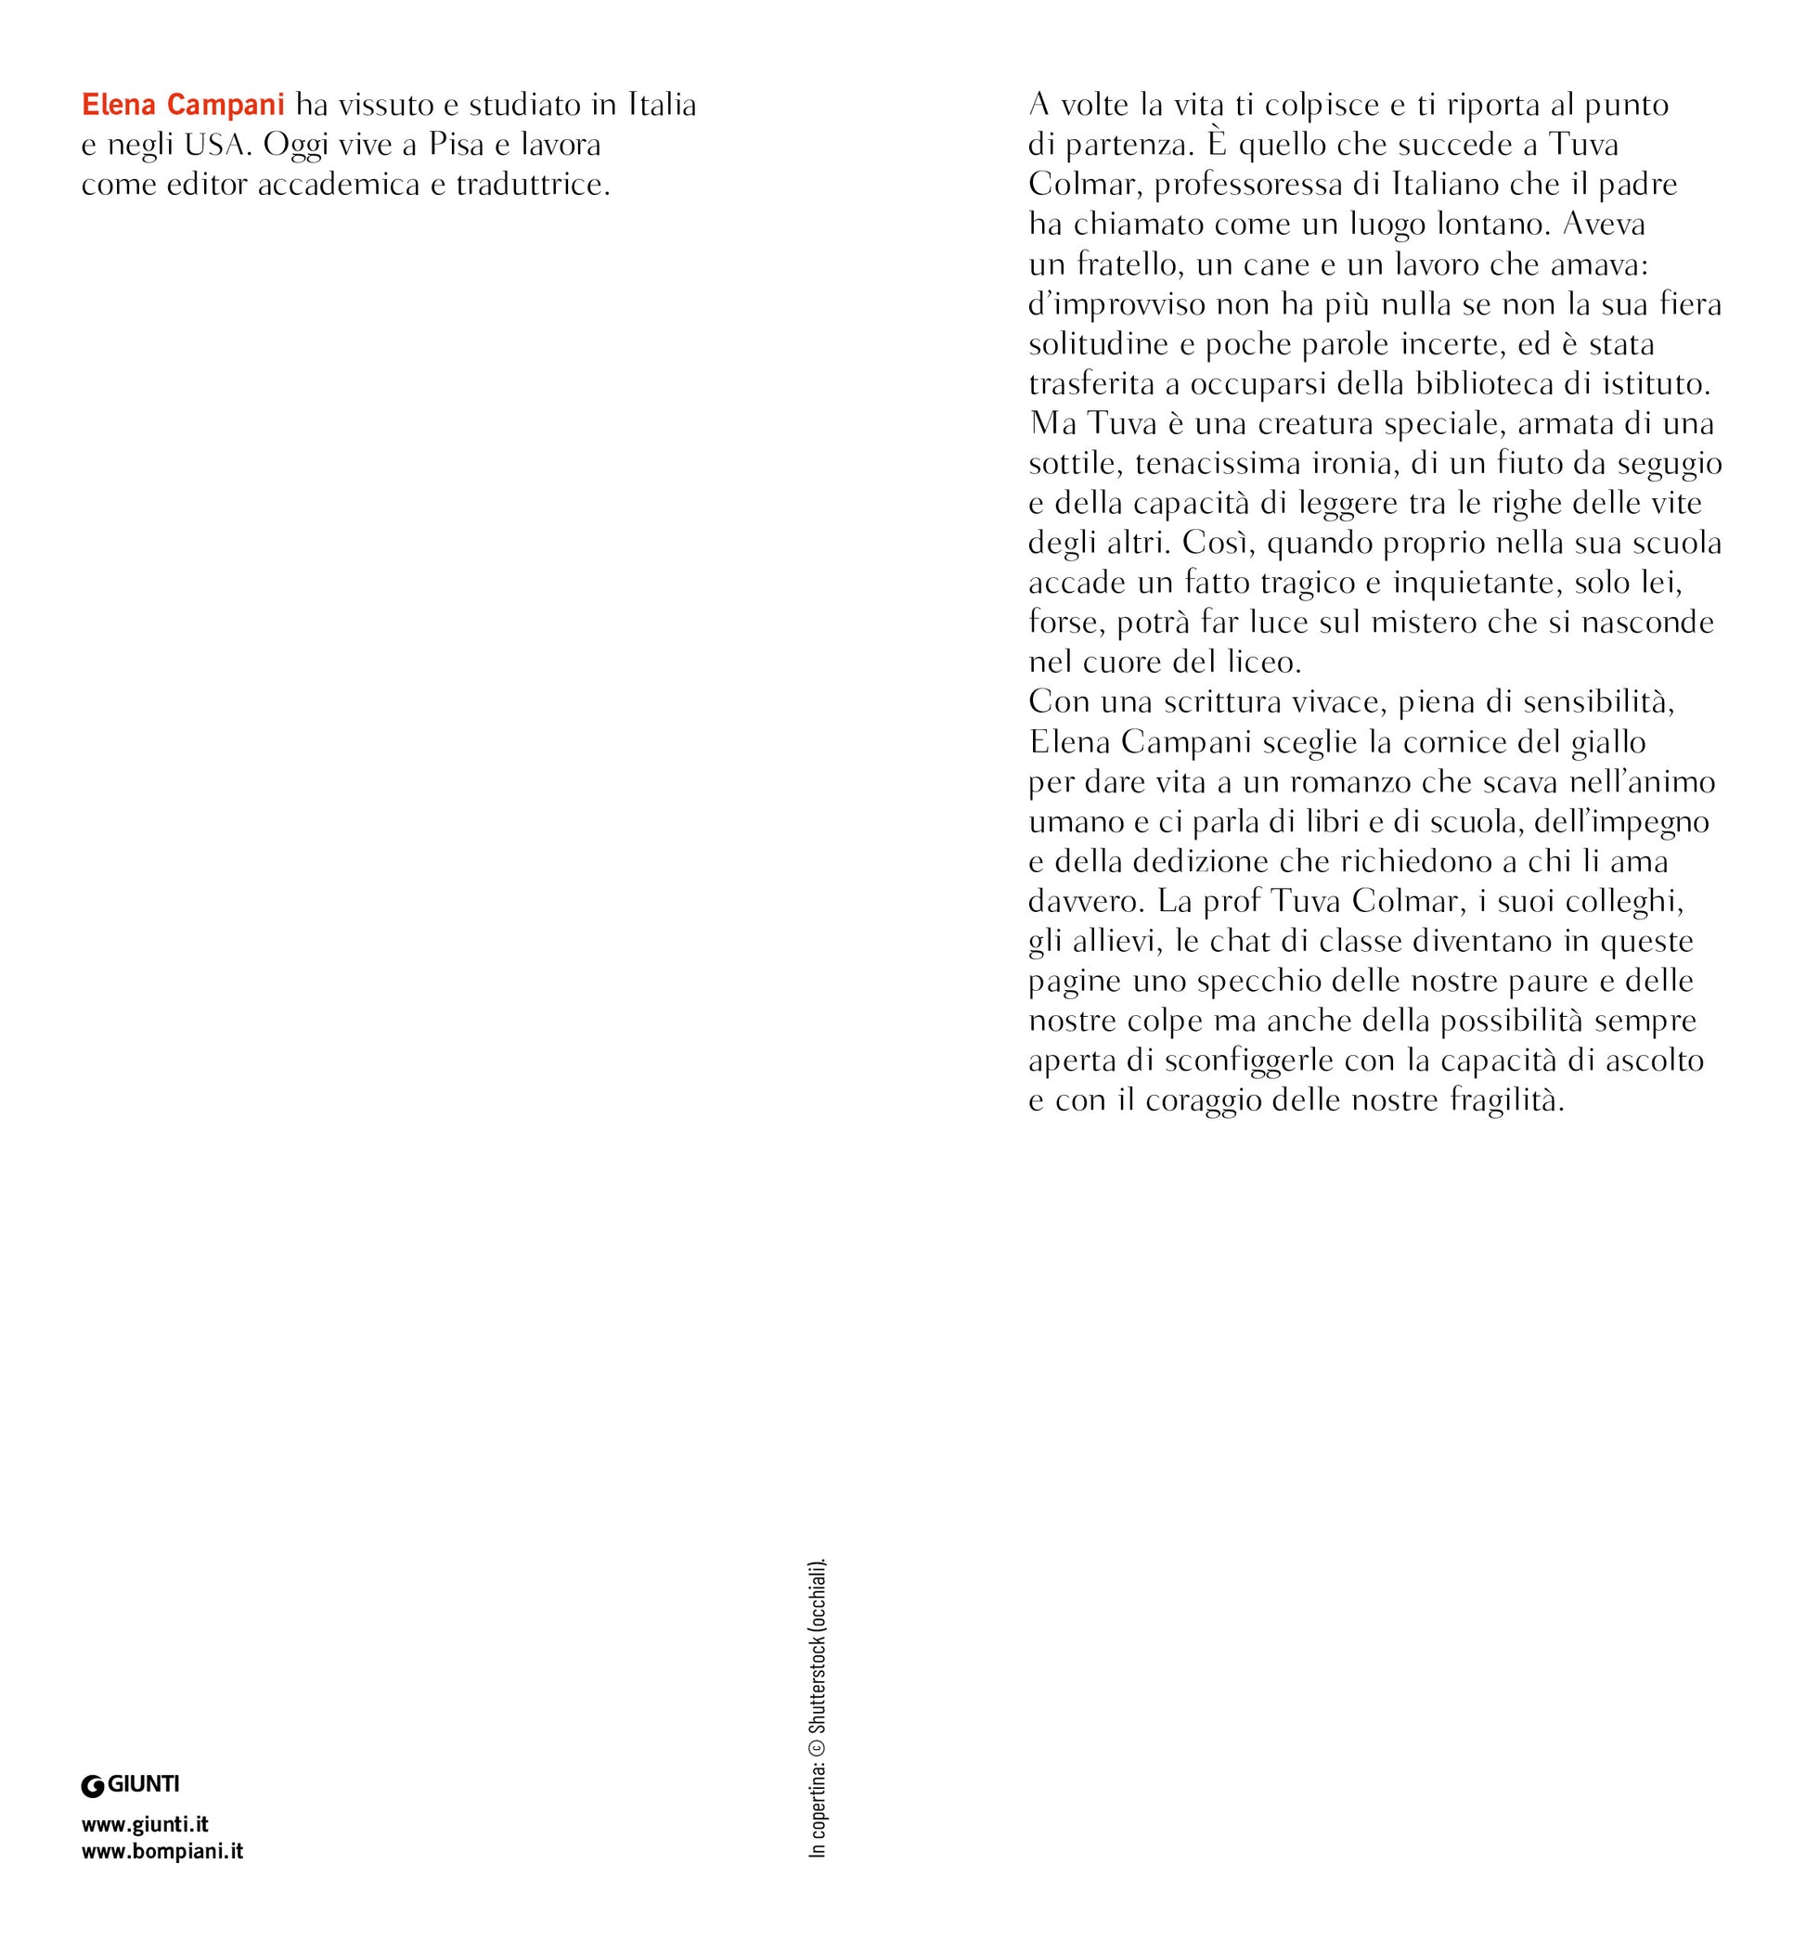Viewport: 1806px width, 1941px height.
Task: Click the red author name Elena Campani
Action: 183,105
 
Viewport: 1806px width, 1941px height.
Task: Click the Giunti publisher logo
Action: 130,1785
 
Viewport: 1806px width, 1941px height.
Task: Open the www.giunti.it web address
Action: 145,1824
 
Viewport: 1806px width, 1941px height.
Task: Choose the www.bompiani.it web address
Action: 162,1850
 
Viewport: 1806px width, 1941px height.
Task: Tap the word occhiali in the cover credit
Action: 818,1593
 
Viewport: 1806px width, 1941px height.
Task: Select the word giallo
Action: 1607,742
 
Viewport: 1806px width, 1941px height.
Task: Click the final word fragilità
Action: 1506,1100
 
